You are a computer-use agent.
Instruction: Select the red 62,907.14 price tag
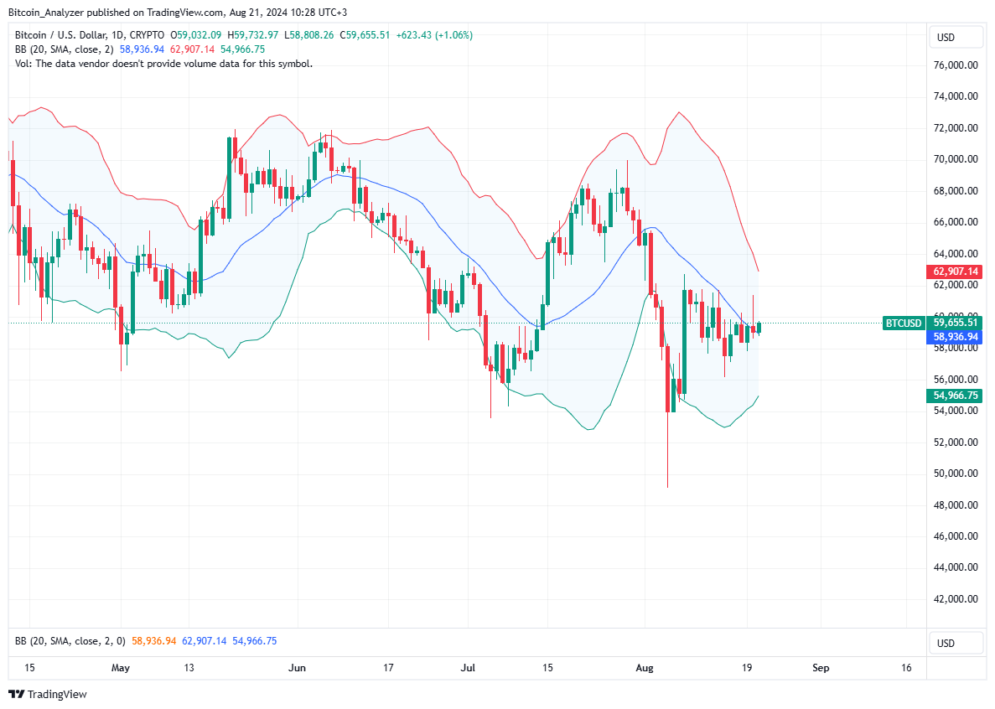(x=954, y=272)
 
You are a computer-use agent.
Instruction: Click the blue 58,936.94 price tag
(x=954, y=337)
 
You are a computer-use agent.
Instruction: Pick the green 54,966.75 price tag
(x=954, y=396)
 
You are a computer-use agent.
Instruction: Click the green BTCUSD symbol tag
(x=903, y=323)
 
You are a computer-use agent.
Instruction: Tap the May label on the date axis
(x=121, y=668)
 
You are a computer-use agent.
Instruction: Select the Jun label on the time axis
(x=298, y=668)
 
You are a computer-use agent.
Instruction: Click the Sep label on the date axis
(x=821, y=668)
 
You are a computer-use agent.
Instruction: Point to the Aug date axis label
(x=644, y=668)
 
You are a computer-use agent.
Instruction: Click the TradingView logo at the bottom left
(x=48, y=694)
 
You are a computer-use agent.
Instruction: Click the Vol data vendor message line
(x=163, y=63)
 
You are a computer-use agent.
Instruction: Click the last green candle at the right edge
(x=759, y=328)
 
